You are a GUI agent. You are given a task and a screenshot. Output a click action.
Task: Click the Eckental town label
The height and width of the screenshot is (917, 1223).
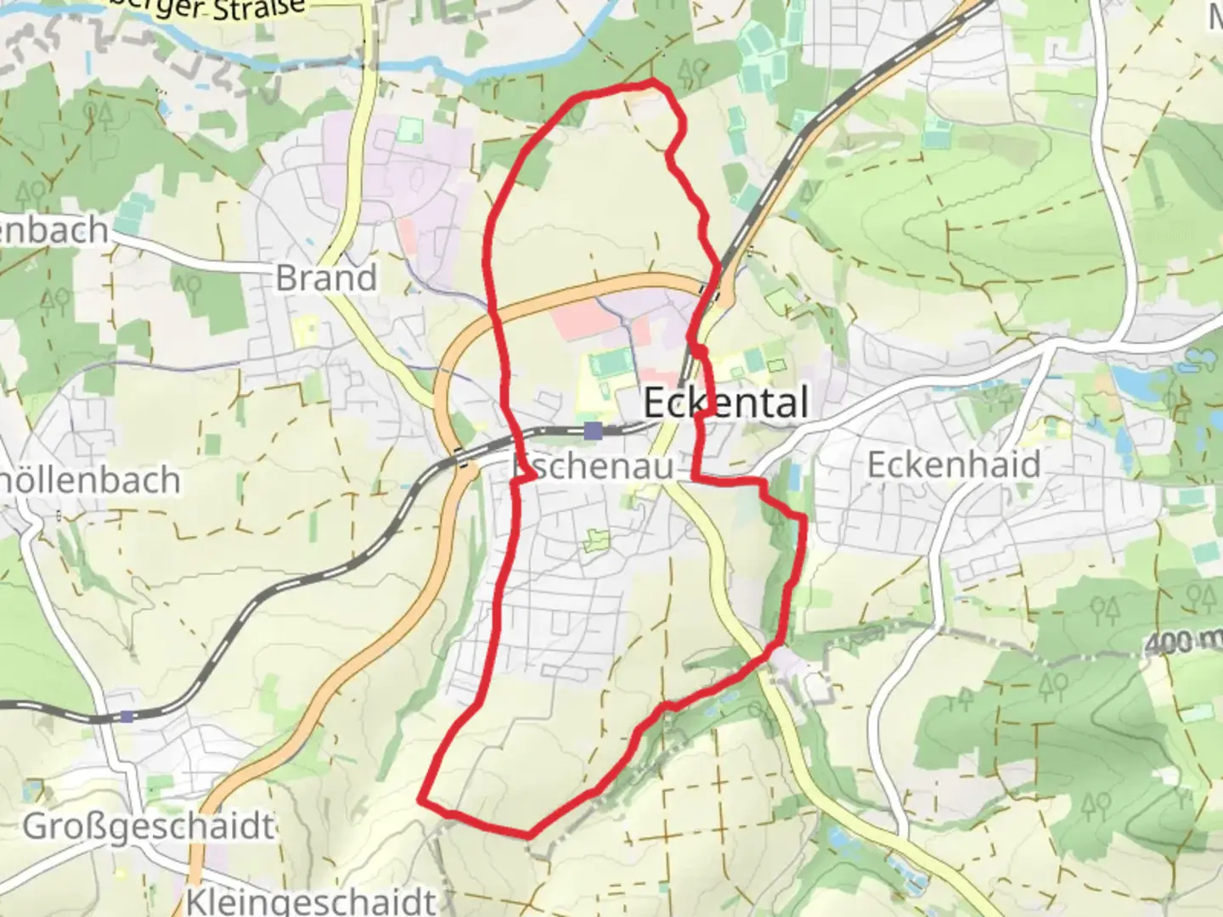click(725, 402)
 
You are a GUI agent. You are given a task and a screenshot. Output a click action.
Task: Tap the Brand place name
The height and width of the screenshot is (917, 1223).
click(326, 278)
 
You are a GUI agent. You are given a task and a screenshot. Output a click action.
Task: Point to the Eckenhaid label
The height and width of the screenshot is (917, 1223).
click(953, 464)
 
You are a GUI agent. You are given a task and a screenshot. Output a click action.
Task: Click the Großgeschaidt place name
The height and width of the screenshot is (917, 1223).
click(149, 826)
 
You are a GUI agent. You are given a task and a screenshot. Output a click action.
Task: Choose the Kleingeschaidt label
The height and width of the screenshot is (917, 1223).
click(310, 901)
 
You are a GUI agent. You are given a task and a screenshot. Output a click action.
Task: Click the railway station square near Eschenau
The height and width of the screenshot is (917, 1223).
click(593, 430)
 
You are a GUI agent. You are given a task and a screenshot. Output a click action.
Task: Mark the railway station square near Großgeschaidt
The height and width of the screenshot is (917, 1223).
click(127, 717)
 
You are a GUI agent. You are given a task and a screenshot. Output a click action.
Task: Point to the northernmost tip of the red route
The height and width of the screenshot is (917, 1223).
click(652, 81)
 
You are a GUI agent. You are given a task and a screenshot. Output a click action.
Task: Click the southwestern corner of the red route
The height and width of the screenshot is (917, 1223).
click(420, 799)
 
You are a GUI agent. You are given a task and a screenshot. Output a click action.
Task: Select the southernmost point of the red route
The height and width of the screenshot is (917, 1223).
click(528, 835)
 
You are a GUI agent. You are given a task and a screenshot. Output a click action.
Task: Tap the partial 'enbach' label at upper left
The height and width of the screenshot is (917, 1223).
click(54, 231)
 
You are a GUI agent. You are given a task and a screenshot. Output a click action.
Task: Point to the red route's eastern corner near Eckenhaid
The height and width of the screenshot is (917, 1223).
click(802, 517)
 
